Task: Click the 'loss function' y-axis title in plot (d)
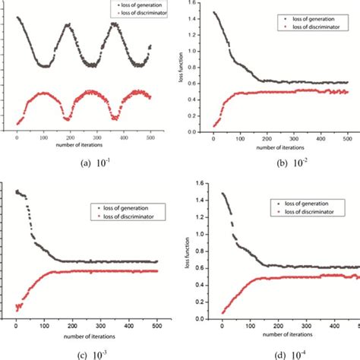[x=187, y=251]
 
